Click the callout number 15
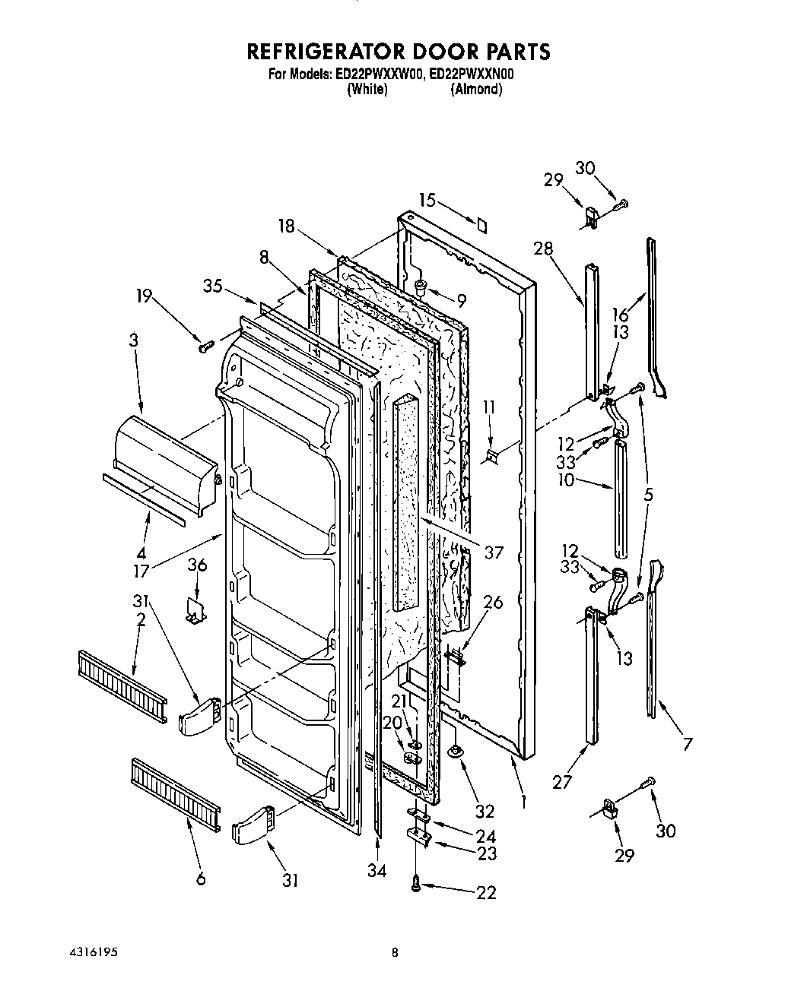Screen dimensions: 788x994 click(x=427, y=201)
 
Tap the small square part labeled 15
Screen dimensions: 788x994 click(x=481, y=226)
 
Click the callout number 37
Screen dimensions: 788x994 click(x=494, y=552)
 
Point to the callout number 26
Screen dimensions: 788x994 click(x=493, y=603)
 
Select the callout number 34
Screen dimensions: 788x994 click(x=377, y=872)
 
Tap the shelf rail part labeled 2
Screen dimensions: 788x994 click(x=121, y=686)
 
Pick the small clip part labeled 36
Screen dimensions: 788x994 click(x=197, y=609)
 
